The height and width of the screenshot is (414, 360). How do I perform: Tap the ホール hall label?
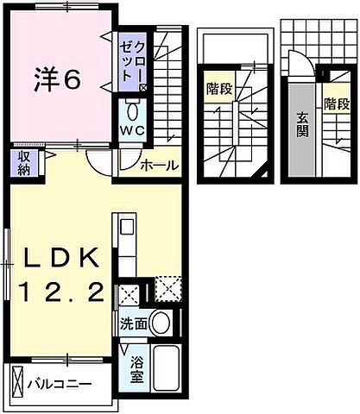pos(161,165)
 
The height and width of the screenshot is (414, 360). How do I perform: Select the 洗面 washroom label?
pos(133,324)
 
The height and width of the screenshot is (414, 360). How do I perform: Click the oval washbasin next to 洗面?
pos(160,324)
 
